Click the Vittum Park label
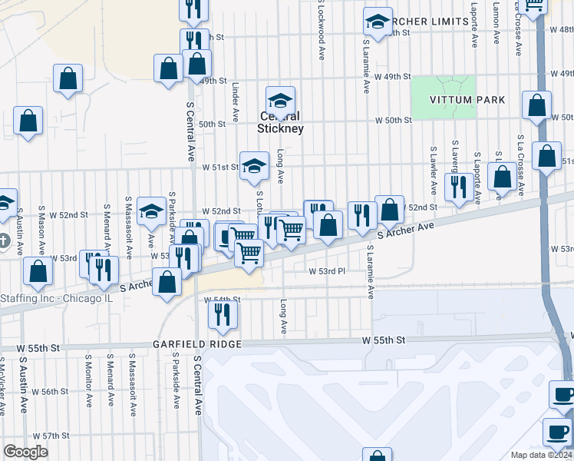coord(468,100)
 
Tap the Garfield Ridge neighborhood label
coord(197,344)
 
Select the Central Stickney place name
coord(281,123)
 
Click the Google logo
coord(25,452)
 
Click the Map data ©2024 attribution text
coord(542,455)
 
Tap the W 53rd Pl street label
coord(328,271)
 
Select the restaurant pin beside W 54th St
coord(223,313)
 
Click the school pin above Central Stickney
coord(281,101)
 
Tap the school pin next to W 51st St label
coord(253,165)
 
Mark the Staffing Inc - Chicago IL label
coord(55,298)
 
